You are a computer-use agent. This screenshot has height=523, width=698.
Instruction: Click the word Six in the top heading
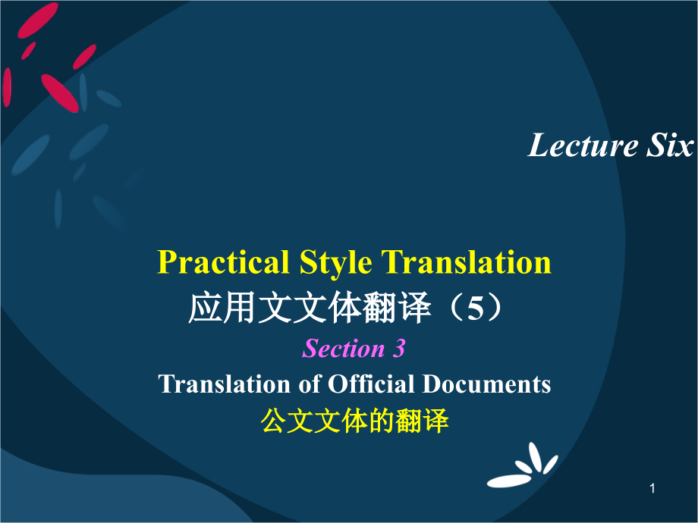pos(670,146)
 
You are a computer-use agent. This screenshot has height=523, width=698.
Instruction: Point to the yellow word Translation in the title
pos(466,262)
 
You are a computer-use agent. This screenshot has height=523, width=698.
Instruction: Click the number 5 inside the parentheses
pos(475,308)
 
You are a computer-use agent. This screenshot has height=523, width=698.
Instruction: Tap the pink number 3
pos(399,349)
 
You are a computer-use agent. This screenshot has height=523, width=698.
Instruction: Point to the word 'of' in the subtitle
pos(310,384)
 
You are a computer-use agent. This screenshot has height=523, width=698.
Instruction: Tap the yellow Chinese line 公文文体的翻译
pos(354,421)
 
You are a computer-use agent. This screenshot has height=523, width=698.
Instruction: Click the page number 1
pos(652,490)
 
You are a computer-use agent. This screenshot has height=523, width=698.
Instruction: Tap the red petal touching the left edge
pos(7,87)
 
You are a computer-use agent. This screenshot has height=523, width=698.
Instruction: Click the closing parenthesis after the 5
pos(498,308)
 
